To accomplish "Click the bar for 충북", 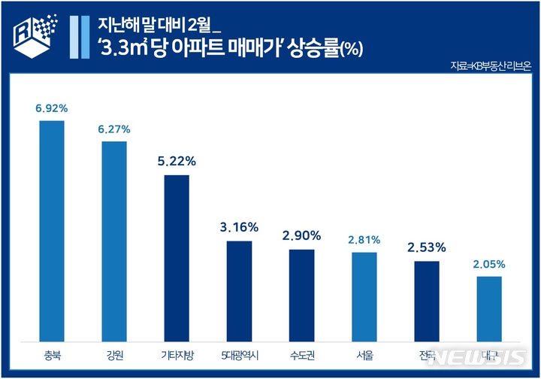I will coord(52,229).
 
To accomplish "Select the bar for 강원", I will coord(114,240).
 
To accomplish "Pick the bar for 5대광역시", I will coord(239,290).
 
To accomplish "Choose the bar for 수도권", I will coord(301,294).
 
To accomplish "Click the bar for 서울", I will coord(364,296).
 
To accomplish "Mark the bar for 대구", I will coord(489,308).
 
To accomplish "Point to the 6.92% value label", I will coord(52,108).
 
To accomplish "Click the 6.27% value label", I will coord(114,129).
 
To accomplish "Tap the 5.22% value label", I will coord(177,161).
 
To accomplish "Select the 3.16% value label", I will coord(239,226).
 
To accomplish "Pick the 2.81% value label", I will coord(364,240).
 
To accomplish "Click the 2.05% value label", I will coord(489,264).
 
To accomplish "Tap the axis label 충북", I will coord(52,355).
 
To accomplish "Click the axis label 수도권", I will coord(301,355).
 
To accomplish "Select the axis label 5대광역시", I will coord(239,355).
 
